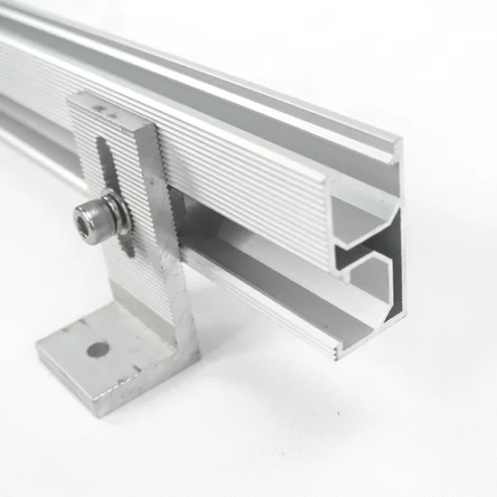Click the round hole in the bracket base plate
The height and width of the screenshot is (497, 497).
point(98,350)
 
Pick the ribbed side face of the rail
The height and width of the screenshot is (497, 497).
point(253,190)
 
